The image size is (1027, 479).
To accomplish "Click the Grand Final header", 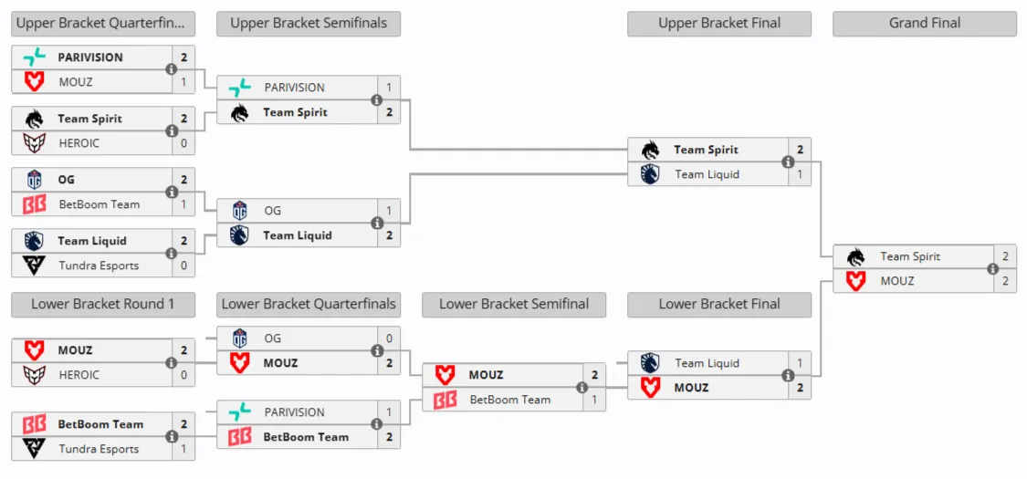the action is coord(924,24).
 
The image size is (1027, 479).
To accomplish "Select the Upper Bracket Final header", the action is coord(719,24).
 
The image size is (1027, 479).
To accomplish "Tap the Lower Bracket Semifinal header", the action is coord(513,305).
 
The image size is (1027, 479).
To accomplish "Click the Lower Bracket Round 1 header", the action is coord(103,305).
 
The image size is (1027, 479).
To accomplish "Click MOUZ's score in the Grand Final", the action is coord(1005,281).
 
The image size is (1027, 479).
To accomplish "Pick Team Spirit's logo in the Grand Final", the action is coord(855,257).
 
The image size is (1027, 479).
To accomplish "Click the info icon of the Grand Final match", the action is coord(993,269).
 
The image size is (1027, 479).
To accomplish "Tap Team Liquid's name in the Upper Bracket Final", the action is coord(707,174).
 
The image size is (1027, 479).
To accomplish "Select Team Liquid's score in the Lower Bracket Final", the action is coord(800,363).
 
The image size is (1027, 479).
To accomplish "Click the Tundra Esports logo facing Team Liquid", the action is coord(34,265).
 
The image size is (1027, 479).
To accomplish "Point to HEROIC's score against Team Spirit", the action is coord(184,143).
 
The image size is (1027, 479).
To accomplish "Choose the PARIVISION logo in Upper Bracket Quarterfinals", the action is coord(34,57).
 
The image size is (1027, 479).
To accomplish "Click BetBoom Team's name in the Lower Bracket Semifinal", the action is coord(510,400).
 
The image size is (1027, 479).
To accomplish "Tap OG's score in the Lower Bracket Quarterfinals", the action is coord(389,339).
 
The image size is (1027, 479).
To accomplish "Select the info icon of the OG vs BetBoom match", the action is coord(172,192).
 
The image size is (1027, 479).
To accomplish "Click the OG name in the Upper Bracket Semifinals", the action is coord(273,211).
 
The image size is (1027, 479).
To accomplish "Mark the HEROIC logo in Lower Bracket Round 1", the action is coord(34,375).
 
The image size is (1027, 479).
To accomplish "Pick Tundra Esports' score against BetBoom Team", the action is coord(184,449).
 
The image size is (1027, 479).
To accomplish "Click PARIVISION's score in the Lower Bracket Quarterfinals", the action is coord(389,412).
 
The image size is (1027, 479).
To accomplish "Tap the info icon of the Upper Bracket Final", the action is coord(788,161).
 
